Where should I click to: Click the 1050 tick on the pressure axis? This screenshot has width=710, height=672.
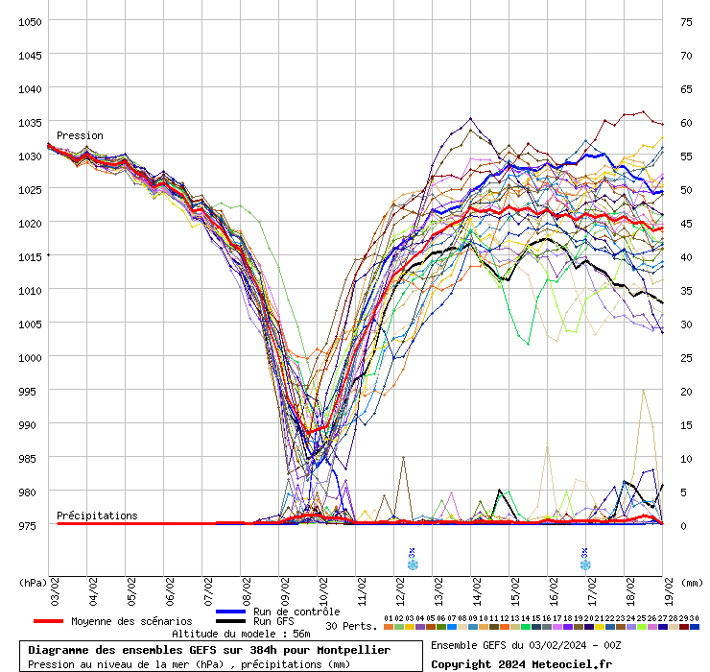click(x=30, y=21)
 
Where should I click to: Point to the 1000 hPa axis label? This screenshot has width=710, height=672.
click(x=30, y=357)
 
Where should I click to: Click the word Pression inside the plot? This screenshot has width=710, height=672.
click(x=80, y=135)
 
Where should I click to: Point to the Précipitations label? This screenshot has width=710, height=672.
click(x=97, y=516)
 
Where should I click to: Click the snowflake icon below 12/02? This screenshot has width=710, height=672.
click(x=413, y=564)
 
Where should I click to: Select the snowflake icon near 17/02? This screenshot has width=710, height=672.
click(x=584, y=564)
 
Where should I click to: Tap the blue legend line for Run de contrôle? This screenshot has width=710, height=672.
click(x=232, y=612)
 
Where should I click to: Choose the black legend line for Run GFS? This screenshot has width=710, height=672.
click(x=232, y=621)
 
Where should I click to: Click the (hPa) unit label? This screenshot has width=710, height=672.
click(x=33, y=582)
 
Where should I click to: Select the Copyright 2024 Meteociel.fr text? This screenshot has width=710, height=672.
click(x=521, y=663)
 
